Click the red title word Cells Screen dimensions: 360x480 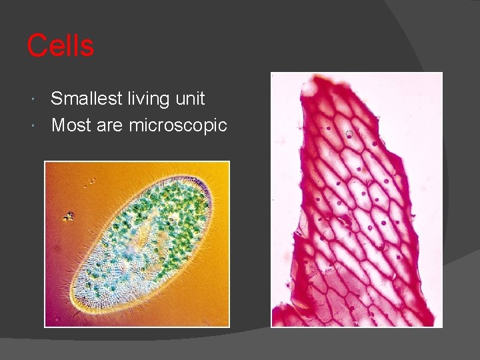[x=60, y=46]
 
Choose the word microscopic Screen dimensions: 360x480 [x=178, y=125]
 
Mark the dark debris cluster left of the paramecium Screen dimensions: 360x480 [x=68, y=217]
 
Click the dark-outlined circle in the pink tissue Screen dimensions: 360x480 [x=349, y=134]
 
